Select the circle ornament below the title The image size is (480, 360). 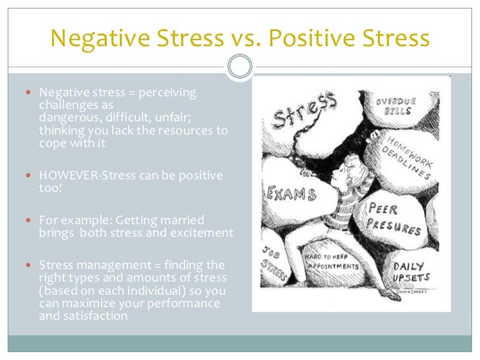pyautogui.click(x=240, y=66)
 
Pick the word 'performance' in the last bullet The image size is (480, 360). pyautogui.click(x=185, y=303)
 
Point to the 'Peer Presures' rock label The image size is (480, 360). pyautogui.click(x=394, y=218)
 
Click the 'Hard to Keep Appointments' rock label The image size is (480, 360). pyautogui.click(x=330, y=261)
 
